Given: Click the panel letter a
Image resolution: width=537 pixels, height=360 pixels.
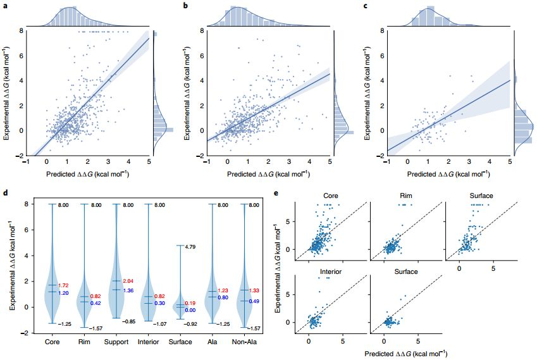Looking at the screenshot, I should pyautogui.click(x=5, y=6).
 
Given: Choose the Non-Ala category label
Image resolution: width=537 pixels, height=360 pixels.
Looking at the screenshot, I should pyautogui.click(x=243, y=342).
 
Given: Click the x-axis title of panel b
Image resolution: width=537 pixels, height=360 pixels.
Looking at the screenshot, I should pyautogui.click(x=269, y=173).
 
